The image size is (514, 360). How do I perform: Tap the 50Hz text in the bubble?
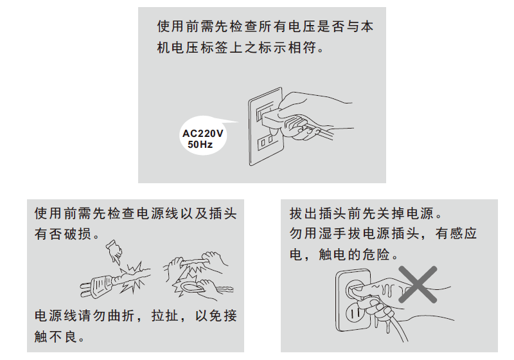tap(197, 145)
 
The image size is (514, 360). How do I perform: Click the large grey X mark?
tap(418, 283)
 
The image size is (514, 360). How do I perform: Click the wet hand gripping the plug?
tap(385, 289)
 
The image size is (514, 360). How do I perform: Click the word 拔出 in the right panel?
tap(305, 213)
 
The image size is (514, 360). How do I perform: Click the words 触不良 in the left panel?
tap(57, 337)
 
